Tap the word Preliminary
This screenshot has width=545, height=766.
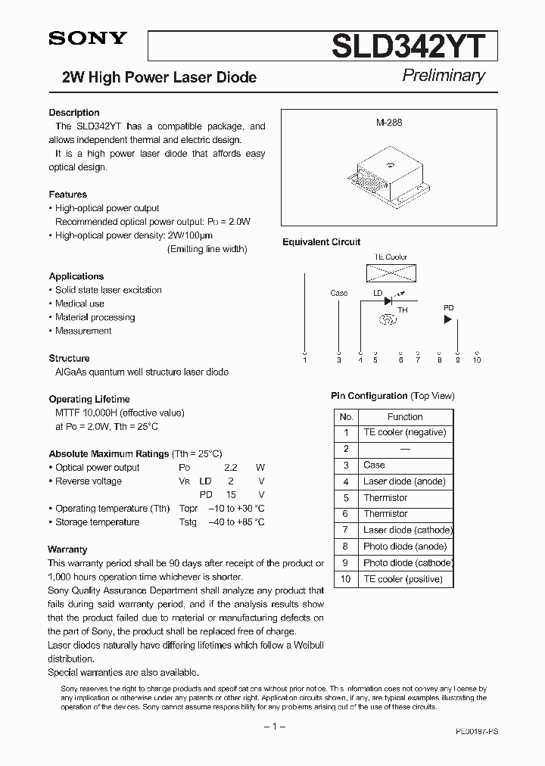pos(443,75)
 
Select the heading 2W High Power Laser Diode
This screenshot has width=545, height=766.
pos(159,77)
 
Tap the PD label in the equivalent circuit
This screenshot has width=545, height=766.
pos(448,308)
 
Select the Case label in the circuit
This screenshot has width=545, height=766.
pos(339,293)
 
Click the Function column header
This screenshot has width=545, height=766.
pos(405,416)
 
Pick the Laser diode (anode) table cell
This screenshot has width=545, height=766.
pos(404,481)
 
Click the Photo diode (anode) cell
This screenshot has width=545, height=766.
pos(405,546)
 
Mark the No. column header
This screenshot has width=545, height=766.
pos(346,416)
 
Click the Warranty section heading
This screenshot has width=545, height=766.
pos(67,550)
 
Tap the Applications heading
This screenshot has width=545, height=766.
pos(76,276)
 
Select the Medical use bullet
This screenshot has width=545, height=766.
pos(79,304)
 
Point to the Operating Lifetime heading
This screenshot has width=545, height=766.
pos(89,399)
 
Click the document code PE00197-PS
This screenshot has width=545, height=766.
pos(477,733)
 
